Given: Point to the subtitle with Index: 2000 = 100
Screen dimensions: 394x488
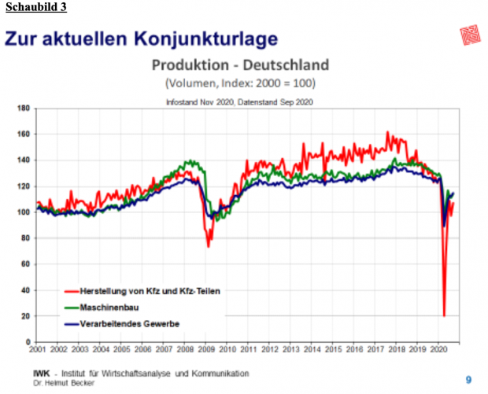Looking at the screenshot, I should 240,82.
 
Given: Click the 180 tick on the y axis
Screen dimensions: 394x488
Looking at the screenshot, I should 24,108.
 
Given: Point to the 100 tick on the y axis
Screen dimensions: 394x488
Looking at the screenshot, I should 24,212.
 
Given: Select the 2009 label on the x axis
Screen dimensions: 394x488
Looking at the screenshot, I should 206,348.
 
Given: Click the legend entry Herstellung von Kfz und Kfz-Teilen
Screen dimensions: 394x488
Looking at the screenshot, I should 142,290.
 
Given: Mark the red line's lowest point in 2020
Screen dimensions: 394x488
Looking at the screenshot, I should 444,315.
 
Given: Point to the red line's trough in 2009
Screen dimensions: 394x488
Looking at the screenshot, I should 209,246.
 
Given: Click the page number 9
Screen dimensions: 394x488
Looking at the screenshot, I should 468,380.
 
